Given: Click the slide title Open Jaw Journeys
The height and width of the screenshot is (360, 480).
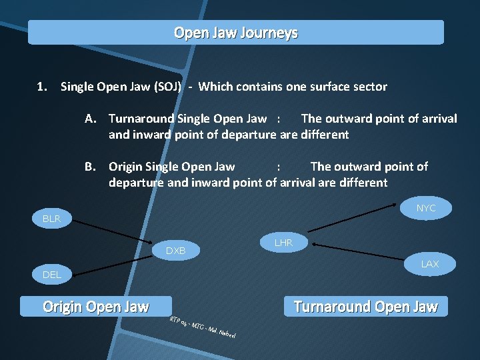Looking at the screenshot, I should point(235,33).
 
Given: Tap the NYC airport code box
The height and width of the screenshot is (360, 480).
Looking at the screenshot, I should point(425,209).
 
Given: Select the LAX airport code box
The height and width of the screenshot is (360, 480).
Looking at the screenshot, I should point(429,265).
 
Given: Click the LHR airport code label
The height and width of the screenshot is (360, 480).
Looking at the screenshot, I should point(283,243).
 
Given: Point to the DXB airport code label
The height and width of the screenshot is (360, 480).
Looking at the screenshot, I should point(175,251).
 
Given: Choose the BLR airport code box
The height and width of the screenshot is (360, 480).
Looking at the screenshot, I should point(51,219).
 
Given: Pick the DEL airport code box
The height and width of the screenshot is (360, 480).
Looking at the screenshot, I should point(51,275).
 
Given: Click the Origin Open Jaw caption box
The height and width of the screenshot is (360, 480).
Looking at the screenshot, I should point(96,307).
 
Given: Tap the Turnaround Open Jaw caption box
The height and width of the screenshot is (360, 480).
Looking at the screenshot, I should point(365,307).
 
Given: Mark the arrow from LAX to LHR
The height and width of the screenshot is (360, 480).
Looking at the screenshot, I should point(360,251).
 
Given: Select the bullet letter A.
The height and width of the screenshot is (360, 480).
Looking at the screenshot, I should point(92,119).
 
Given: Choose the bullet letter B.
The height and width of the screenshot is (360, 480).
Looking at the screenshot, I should point(92,167).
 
